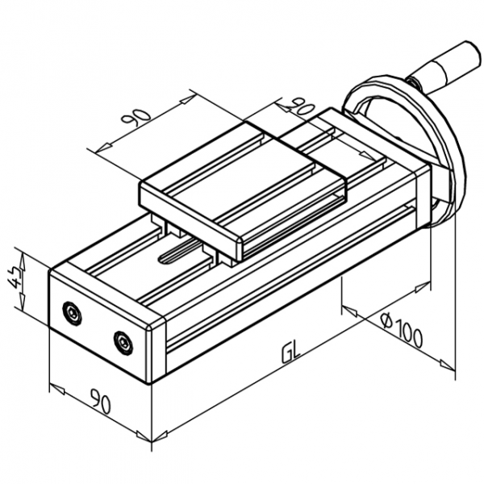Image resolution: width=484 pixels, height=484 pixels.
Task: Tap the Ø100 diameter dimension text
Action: (401, 330)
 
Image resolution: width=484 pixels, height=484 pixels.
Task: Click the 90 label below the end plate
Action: (100, 401)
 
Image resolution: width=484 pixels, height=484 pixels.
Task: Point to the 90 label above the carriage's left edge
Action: (136, 118)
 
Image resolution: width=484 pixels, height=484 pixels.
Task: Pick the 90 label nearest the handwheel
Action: (298, 106)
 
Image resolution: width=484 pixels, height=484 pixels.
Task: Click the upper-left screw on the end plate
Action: (73, 313)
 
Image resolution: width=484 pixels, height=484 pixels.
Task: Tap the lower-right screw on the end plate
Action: (123, 343)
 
